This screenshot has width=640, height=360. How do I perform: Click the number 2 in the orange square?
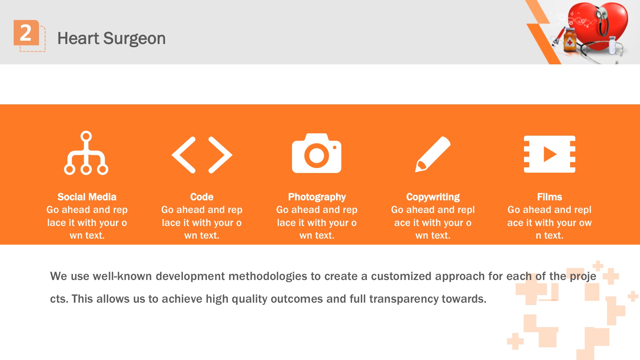pos(26,33)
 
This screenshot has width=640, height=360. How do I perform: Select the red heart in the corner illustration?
pos(600,27)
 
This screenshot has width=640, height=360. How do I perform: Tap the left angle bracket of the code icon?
pos(184,155)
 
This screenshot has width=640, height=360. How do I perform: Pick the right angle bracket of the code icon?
pos(220,155)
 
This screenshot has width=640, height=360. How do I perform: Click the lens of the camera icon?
pos(316,155)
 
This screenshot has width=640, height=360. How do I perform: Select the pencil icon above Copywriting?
pos(433,154)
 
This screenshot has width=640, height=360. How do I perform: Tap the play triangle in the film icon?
pos(549,154)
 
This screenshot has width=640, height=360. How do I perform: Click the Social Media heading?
pos(87,197)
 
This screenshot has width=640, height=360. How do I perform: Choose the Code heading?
pos(202,197)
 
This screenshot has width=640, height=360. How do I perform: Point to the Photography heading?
pos(317,197)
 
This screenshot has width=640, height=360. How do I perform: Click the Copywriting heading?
pos(433,197)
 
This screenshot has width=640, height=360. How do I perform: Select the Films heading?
pos(550,197)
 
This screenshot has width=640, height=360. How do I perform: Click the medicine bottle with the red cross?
pos(570,40)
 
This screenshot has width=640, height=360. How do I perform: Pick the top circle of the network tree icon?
pos(86,136)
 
